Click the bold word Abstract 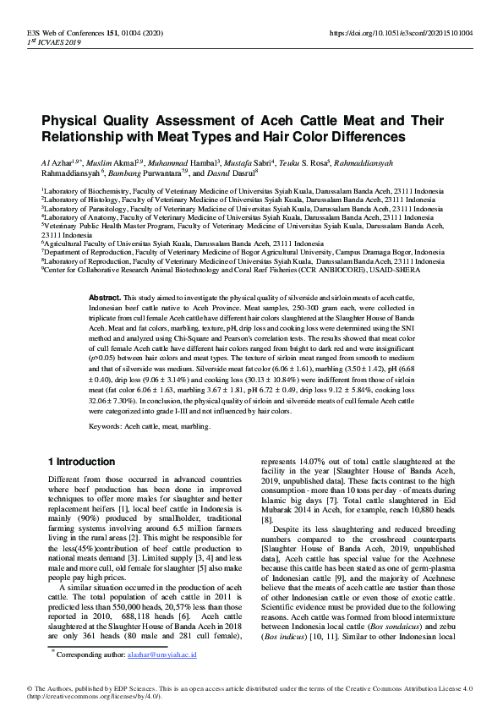105,298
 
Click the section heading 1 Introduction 81,462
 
